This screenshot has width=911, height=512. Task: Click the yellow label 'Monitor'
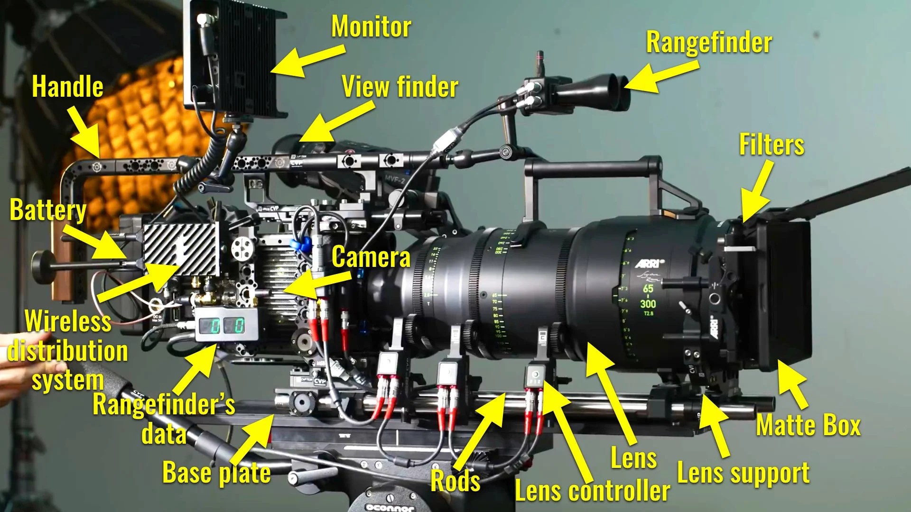click(x=371, y=27)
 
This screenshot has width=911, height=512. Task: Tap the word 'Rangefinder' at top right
click(x=709, y=43)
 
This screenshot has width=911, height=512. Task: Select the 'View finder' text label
click(x=400, y=87)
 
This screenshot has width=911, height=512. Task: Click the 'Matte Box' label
click(x=808, y=425)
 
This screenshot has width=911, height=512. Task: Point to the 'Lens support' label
click(x=743, y=473)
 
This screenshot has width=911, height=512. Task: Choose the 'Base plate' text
click(x=216, y=473)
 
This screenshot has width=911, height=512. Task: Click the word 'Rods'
click(x=455, y=481)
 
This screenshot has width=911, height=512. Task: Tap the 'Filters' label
click(x=772, y=145)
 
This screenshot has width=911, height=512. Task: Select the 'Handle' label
click(x=67, y=87)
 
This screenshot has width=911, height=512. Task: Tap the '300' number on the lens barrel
click(x=648, y=303)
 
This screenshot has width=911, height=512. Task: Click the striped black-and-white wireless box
click(x=181, y=249)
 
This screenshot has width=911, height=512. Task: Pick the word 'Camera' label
click(x=371, y=257)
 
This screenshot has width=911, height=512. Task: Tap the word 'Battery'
click(x=48, y=210)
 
